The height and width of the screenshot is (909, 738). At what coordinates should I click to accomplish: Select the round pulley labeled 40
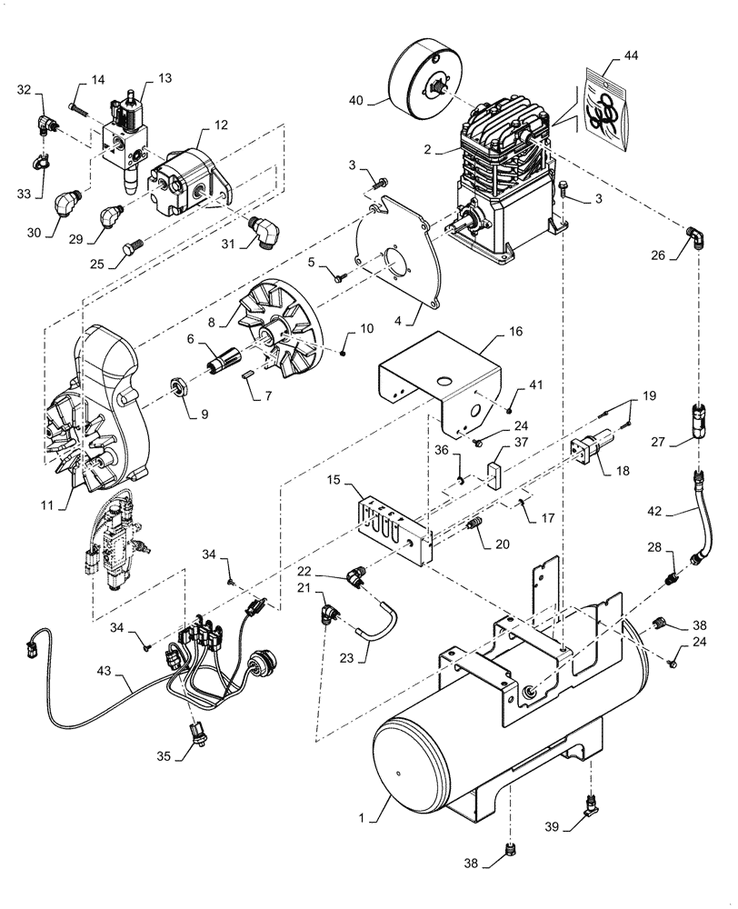[424, 80]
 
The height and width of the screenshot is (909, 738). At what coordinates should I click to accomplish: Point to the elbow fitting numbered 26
[694, 238]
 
